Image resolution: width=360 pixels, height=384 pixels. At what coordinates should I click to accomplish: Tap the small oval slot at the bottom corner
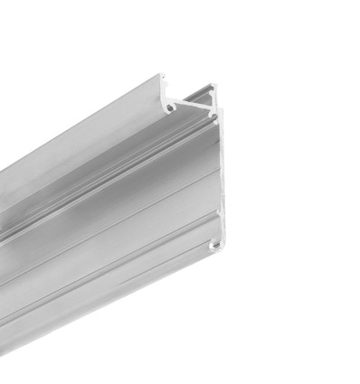[214, 244]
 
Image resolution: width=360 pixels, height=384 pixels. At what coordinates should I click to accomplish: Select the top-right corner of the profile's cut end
[216, 86]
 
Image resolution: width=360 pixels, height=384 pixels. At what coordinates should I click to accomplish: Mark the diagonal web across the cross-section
[193, 102]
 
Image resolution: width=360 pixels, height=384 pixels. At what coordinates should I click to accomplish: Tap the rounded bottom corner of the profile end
[221, 249]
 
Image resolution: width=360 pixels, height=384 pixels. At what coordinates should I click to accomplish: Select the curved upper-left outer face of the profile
[90, 136]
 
